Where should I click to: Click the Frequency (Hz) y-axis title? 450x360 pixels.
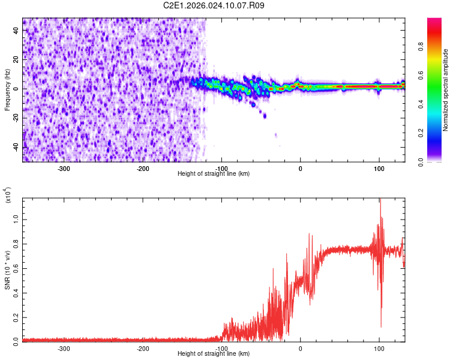coord(7,90)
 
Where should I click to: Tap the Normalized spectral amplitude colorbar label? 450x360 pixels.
coord(446,90)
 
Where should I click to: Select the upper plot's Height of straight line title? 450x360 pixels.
coord(214,173)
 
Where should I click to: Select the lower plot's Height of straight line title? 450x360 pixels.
coord(214,354)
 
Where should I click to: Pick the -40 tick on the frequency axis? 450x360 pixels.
coord(15,147)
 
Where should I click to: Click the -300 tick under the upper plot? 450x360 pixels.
coord(64,169)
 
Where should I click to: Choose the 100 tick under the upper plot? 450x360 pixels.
coord(379,169)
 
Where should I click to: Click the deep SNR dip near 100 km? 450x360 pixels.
coord(381,326)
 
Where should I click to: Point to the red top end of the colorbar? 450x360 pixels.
coord(434,22)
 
